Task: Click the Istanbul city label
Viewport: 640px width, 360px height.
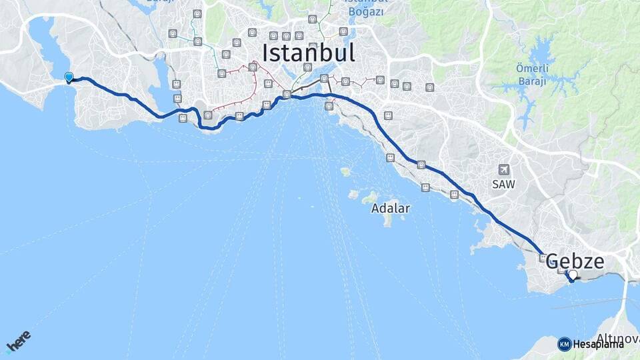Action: (308, 53)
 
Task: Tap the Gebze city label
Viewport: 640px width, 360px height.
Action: (575, 262)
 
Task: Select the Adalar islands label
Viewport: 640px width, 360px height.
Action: (391, 208)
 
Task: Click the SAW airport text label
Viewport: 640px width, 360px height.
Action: (503, 185)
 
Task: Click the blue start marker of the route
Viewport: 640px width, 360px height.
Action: (69, 78)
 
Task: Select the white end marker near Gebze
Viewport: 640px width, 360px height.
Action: (572, 275)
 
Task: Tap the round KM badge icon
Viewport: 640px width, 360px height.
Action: (564, 344)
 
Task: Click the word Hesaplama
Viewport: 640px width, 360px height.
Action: (598, 345)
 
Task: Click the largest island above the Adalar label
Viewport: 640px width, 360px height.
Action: (370, 198)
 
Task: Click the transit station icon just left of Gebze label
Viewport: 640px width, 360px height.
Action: (543, 257)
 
